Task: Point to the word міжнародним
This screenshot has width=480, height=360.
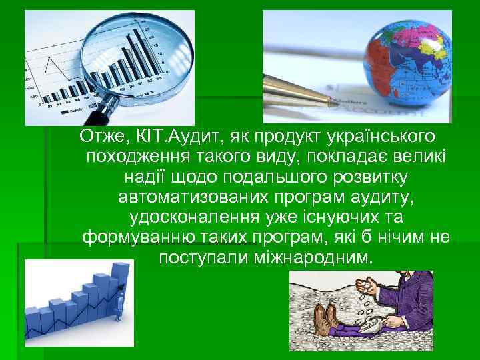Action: pos(320,257)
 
